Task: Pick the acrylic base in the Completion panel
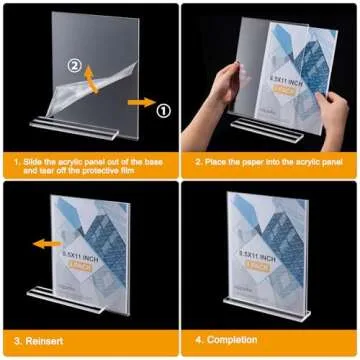[269, 305]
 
